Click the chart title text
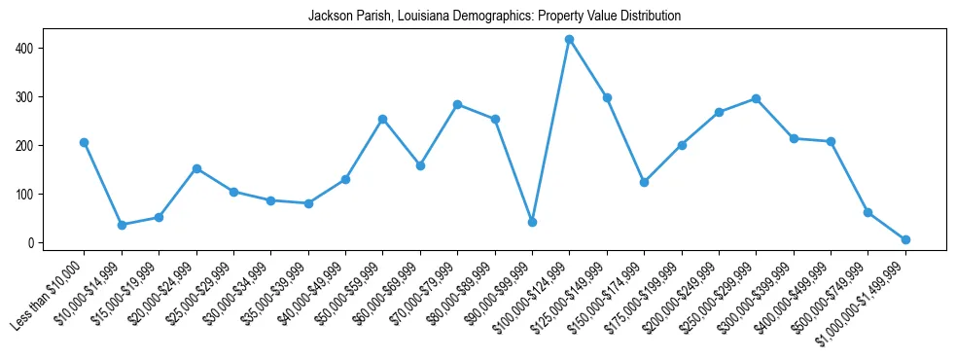coord(494,17)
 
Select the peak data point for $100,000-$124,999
coord(569,39)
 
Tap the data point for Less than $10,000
coord(84,142)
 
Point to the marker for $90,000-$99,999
coord(532,222)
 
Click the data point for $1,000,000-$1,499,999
coord(905,239)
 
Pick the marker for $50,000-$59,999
coord(382,119)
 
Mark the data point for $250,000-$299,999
coord(756,98)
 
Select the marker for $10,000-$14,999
coord(122,225)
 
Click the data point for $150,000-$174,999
coord(644,182)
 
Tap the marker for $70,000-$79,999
coord(457,104)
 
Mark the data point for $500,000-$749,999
coord(867,212)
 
